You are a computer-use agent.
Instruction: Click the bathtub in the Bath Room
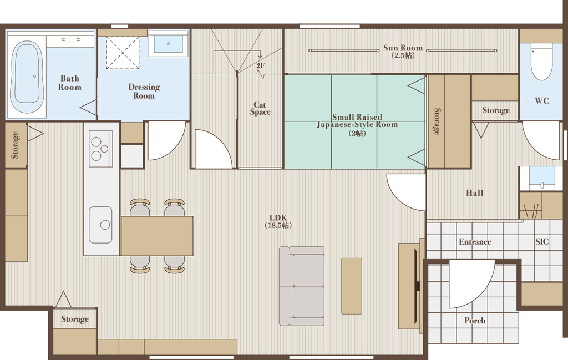point(27,77)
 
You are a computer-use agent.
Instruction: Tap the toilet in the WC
point(541,62)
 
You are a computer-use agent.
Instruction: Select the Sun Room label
point(403,48)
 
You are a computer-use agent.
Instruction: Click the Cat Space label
point(260,108)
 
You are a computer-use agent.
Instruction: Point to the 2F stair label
point(260,65)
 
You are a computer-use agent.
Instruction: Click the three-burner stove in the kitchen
point(101,149)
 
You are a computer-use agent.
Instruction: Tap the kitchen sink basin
point(101,225)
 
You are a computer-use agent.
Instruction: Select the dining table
point(157,236)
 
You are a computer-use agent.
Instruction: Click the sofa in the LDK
point(302,286)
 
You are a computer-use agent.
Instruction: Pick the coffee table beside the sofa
point(351,286)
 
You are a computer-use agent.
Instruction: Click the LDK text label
point(278,217)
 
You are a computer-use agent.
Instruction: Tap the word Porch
point(475,321)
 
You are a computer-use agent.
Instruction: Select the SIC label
point(542,241)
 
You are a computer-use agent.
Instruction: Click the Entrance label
point(475,241)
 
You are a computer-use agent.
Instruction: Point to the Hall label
point(475,192)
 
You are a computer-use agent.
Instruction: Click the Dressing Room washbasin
point(169,43)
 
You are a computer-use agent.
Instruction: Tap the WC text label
point(542,101)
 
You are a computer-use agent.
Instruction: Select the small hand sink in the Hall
point(541,178)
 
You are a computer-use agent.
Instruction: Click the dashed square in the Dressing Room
point(123,53)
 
